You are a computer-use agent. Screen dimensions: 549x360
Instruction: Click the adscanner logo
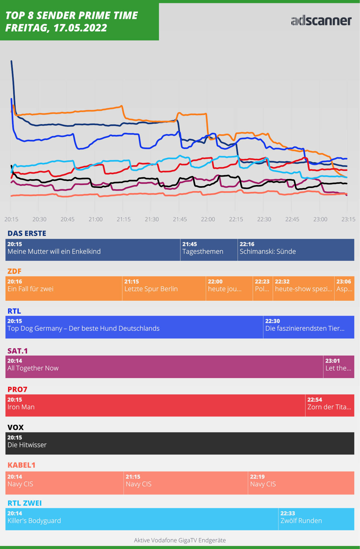click(x=321, y=21)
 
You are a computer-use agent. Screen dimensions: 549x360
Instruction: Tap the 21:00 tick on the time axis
click(x=95, y=219)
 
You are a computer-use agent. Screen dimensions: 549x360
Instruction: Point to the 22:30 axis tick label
click(x=264, y=219)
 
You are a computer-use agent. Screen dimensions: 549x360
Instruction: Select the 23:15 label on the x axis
click(x=348, y=219)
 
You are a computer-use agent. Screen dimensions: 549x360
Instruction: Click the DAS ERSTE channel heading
click(x=27, y=233)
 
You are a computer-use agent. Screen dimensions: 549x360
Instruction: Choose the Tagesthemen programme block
click(x=209, y=250)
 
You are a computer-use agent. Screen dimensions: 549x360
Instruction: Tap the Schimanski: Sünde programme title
click(x=268, y=252)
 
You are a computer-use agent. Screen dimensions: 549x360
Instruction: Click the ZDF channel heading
click(x=14, y=271)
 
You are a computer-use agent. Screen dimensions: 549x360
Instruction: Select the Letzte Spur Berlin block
click(x=164, y=288)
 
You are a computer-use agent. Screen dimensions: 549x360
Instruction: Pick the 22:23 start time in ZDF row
click(x=262, y=282)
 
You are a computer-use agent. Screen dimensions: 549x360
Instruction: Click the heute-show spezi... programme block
click(x=303, y=288)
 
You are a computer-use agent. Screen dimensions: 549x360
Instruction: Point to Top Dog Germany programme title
click(x=83, y=328)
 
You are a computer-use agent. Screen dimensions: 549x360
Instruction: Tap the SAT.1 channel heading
click(x=17, y=351)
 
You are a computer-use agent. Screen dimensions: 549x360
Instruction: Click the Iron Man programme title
click(x=21, y=407)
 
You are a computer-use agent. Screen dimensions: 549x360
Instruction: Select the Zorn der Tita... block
click(x=329, y=405)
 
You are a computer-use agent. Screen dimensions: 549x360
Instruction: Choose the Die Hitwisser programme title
click(x=27, y=445)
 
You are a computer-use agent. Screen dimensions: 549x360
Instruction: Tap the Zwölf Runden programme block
click(x=316, y=519)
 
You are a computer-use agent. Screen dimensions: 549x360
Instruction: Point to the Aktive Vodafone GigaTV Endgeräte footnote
click(x=180, y=540)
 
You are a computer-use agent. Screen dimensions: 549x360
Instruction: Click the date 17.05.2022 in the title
click(x=80, y=28)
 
